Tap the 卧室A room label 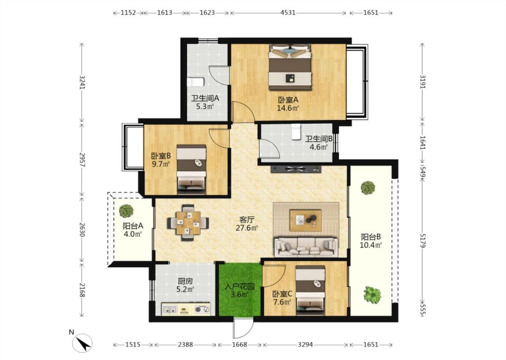point(287,100)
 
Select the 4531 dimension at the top point(288,13)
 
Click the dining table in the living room point(188,223)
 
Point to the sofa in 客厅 point(305,247)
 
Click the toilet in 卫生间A point(196,82)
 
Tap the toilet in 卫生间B point(296,132)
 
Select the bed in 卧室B point(191,169)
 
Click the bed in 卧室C point(310,290)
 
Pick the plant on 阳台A point(126,211)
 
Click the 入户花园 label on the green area point(240,286)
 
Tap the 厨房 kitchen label point(185,281)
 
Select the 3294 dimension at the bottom point(305,345)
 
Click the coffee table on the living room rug point(305,220)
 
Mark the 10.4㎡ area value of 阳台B point(371,245)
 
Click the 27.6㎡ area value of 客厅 point(246,228)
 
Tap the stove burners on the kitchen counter point(202,309)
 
